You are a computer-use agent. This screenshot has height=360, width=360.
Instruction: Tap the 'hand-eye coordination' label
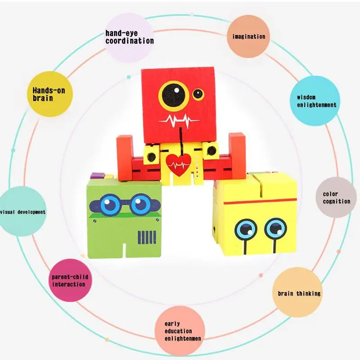click(x=129, y=37)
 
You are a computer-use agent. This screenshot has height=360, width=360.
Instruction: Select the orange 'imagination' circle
click(x=248, y=36)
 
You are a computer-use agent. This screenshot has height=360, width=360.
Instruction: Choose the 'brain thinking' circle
click(x=299, y=293)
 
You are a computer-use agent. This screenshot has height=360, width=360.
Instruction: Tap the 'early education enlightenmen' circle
click(x=180, y=330)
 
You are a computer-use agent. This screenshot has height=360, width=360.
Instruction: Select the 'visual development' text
click(x=22, y=212)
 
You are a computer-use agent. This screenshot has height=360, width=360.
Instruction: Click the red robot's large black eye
click(x=173, y=94)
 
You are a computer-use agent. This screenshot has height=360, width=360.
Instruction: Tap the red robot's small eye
click(x=198, y=94)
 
